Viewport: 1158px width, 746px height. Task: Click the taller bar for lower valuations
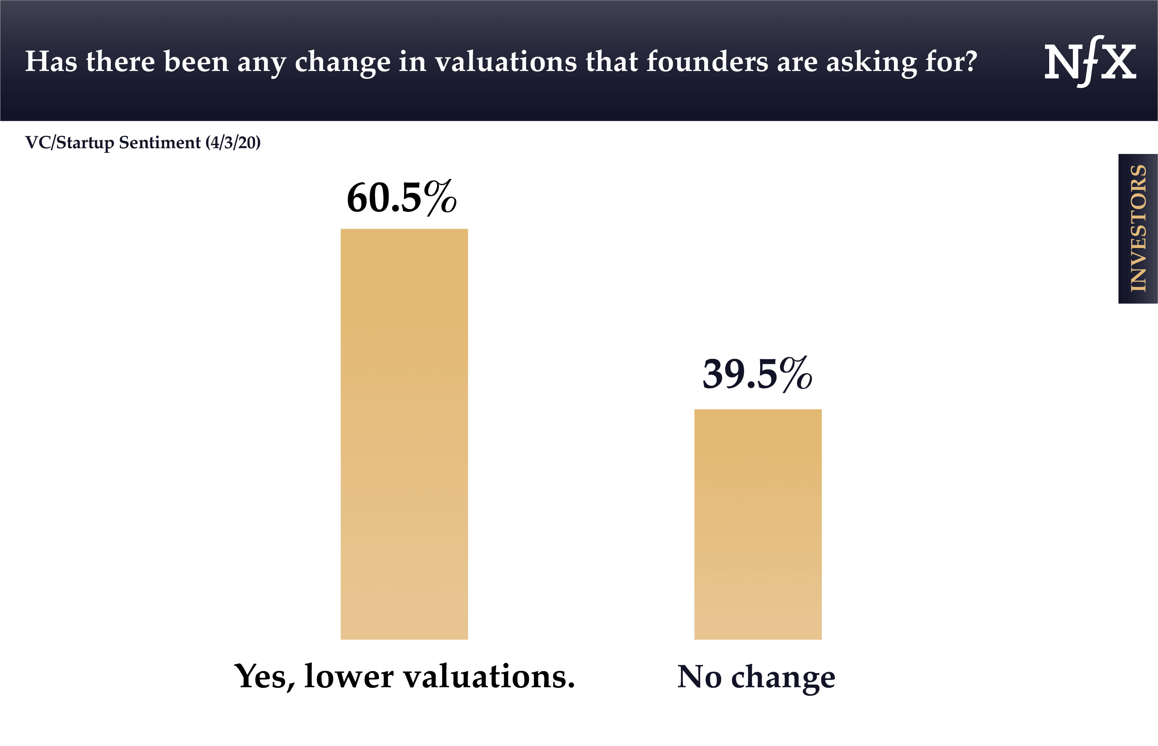tap(404, 434)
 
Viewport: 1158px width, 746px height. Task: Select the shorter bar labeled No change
tap(757, 524)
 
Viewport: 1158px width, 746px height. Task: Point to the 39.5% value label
tap(757, 374)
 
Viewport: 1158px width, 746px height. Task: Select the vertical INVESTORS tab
tap(1137, 229)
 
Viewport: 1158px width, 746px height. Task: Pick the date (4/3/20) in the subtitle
tap(233, 143)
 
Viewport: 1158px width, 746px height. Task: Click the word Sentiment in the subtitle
tap(159, 143)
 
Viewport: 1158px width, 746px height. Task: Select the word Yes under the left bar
tap(264, 676)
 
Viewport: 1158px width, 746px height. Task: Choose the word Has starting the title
tap(51, 62)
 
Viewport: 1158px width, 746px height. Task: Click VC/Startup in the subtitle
tap(70, 143)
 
